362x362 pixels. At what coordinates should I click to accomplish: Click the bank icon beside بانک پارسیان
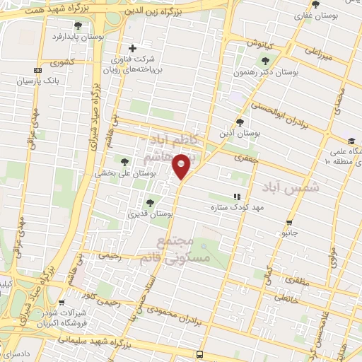37,70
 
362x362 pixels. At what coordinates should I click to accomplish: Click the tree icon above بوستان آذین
240,122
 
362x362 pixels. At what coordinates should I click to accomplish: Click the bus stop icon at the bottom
200,353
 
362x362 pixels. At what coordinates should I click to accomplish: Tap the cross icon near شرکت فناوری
134,47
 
